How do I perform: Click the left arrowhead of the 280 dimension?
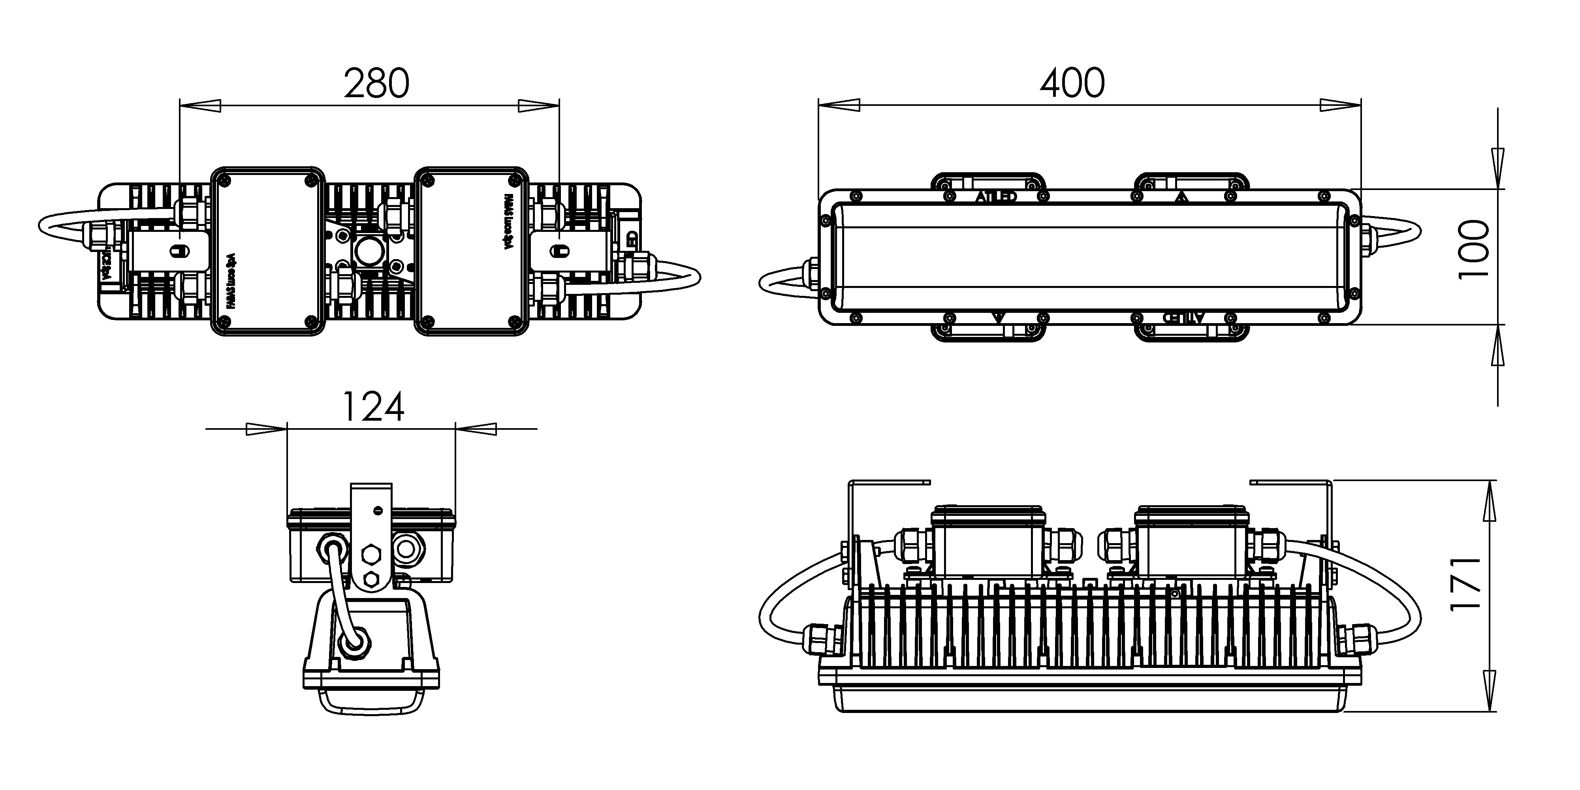click(x=200, y=105)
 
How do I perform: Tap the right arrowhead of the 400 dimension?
click(x=1340, y=105)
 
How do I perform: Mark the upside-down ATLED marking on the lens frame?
click(x=1184, y=317)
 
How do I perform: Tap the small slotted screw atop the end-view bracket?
click(x=378, y=510)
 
